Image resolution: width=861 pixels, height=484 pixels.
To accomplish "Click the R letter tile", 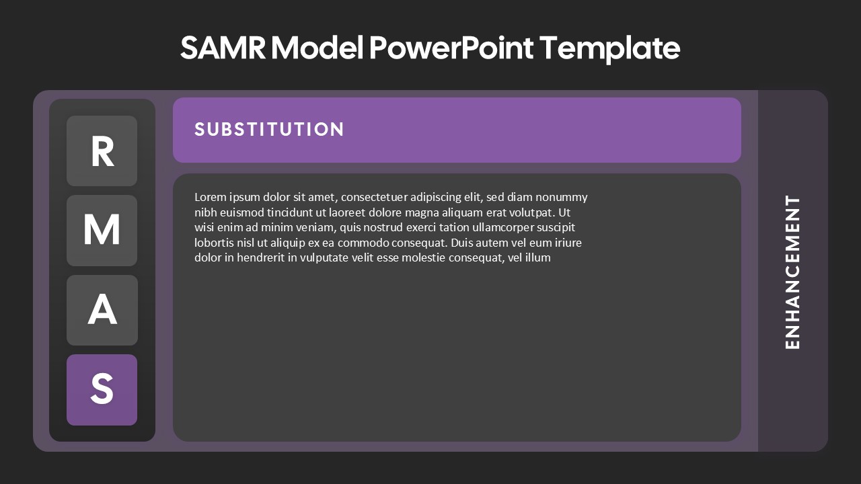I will (102, 151).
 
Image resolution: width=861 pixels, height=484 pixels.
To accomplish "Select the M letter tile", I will (102, 231).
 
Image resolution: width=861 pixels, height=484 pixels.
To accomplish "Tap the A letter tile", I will (102, 310).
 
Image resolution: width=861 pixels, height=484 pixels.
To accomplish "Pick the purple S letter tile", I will (102, 390).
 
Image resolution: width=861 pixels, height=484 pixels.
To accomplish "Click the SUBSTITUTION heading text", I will (269, 129).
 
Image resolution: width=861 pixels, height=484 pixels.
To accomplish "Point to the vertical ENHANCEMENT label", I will (793, 272).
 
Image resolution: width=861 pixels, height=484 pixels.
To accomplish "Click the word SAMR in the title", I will (223, 48).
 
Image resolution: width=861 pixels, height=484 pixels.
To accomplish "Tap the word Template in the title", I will (609, 48).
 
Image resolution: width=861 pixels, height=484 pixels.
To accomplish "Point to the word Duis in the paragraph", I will (462, 243).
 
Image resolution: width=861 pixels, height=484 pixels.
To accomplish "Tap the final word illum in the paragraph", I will (537, 257).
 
